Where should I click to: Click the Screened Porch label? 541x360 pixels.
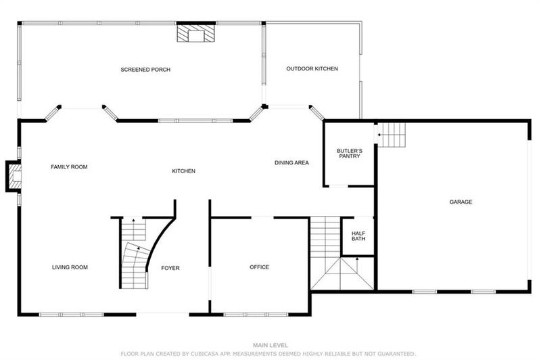click(145, 70)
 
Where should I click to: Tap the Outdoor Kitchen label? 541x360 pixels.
click(312, 69)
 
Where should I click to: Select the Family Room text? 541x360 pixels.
click(70, 167)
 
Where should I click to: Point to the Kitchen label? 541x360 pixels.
click(183, 171)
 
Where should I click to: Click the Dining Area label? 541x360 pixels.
click(291, 163)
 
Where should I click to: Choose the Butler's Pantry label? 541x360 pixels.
click(350, 153)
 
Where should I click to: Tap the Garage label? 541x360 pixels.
click(461, 202)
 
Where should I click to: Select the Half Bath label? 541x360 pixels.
click(358, 235)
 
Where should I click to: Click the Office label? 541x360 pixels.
click(260, 267)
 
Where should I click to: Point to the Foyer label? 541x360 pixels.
click(170, 268)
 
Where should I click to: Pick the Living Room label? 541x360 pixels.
click(70, 267)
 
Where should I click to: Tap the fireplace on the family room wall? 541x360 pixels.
click(13, 177)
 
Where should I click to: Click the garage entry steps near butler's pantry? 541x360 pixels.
click(391, 135)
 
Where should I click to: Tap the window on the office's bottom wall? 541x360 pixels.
click(256, 315)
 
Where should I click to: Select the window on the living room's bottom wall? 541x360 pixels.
click(71, 315)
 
